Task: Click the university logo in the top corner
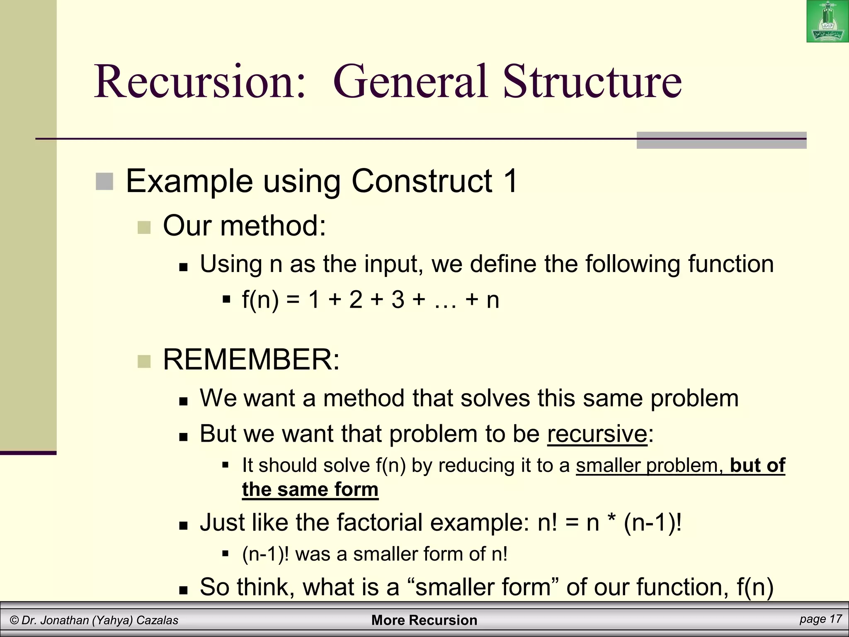pyautogui.click(x=827, y=22)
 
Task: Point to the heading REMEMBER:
pyautogui.click(x=251, y=359)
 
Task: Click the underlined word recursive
pyautogui.click(x=597, y=434)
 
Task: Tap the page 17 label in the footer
pyautogui.click(x=820, y=620)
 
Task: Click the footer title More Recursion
pyautogui.click(x=424, y=620)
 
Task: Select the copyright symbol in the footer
pyautogui.click(x=15, y=620)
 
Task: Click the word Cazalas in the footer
pyautogui.click(x=157, y=620)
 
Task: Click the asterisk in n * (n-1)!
pyautogui.click(x=611, y=520)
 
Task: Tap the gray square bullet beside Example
pyautogui.click(x=104, y=182)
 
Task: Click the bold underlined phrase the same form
pyautogui.click(x=310, y=489)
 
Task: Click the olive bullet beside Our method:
pyautogui.click(x=144, y=227)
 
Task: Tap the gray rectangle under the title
pyautogui.click(x=721, y=141)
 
